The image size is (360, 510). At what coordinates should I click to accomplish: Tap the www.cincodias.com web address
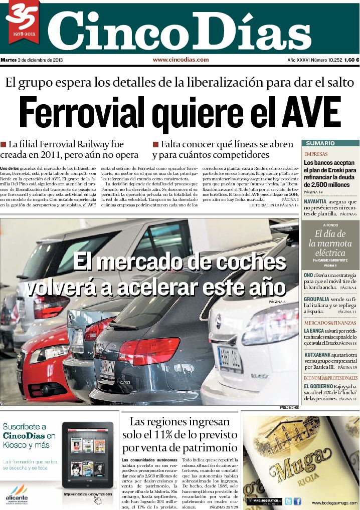tap(181, 60)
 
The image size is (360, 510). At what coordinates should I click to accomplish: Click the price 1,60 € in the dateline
tap(351, 60)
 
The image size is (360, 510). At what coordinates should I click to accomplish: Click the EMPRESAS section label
tap(316, 154)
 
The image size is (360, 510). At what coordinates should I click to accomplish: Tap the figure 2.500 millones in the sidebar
tap(327, 185)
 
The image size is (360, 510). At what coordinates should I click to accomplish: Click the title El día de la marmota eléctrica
tap(330, 243)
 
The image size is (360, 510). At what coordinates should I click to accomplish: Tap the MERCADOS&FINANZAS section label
tap(330, 323)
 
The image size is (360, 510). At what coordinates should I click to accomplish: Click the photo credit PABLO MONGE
tap(289, 408)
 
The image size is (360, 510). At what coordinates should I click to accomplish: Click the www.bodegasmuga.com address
tap(334, 502)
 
